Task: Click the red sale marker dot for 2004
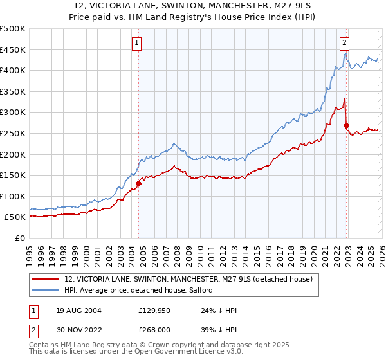138,183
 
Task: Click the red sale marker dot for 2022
346,125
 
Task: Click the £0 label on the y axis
20,238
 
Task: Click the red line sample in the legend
45,279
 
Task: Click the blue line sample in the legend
45,291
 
